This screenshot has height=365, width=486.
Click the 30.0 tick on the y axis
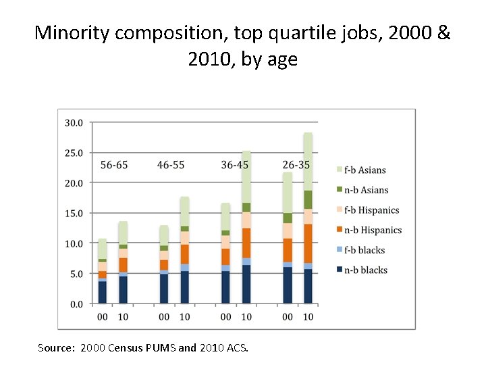click(x=74, y=123)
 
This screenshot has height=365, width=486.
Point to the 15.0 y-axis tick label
click(x=74, y=214)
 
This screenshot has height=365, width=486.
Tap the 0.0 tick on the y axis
click(x=76, y=304)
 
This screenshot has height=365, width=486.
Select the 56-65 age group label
click(x=114, y=165)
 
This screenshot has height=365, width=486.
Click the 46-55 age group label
click(x=171, y=165)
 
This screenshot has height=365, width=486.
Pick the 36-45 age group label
click(x=235, y=165)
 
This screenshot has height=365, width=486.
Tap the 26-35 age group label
click(x=297, y=165)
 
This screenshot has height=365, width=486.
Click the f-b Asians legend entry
click(x=364, y=170)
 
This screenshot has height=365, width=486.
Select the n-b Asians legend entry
click(x=365, y=190)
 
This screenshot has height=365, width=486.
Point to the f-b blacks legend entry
click(x=364, y=250)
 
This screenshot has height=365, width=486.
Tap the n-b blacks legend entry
click(x=365, y=270)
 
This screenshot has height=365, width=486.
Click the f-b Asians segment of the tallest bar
click(x=308, y=162)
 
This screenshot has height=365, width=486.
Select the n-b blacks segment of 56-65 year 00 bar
click(x=103, y=292)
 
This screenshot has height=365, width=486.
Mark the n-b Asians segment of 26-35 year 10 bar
click(x=308, y=199)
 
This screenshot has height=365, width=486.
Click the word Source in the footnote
click(x=56, y=348)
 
